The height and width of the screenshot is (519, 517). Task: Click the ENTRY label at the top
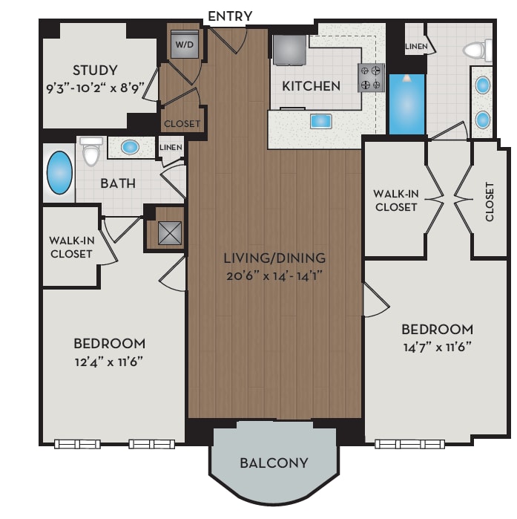pyautogui.click(x=230, y=16)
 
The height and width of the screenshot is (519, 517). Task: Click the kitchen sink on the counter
pyautogui.click(x=321, y=120)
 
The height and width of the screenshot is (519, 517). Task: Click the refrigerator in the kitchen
pyautogui.click(x=289, y=50)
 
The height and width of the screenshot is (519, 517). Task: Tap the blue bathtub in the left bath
pyautogui.click(x=59, y=172)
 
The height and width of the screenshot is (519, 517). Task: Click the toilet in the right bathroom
pyautogui.click(x=475, y=50)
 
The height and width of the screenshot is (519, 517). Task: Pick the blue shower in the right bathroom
pyautogui.click(x=406, y=104)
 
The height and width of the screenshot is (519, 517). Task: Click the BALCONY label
pyautogui.click(x=274, y=463)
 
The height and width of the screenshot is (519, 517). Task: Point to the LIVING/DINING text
pyautogui.click(x=274, y=258)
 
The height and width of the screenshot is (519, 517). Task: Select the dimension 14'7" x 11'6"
pyautogui.click(x=437, y=346)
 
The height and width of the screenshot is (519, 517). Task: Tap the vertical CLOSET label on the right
pyautogui.click(x=490, y=201)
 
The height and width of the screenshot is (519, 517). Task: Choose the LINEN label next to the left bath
pyautogui.click(x=171, y=148)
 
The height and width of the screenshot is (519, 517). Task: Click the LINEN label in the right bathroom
pyautogui.click(x=416, y=46)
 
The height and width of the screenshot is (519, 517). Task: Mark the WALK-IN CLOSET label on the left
pyautogui.click(x=70, y=247)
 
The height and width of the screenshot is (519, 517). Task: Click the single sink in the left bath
pyautogui.click(x=131, y=147)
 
